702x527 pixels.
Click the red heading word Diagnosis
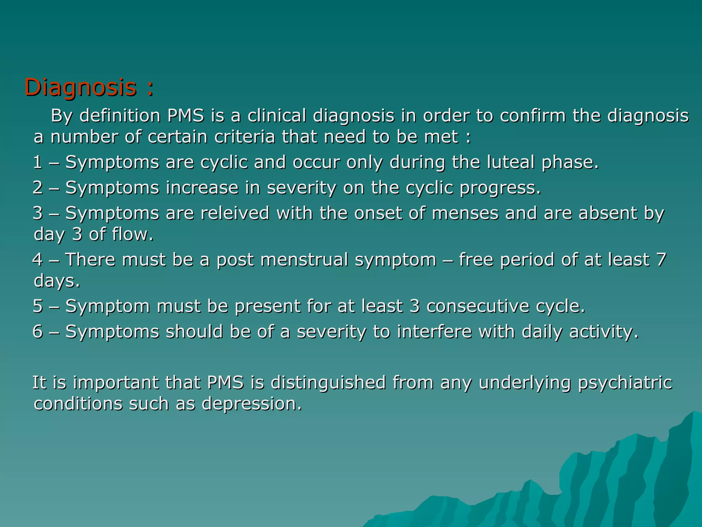point(81,88)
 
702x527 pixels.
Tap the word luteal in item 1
point(511,162)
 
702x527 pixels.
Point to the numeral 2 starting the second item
point(38,188)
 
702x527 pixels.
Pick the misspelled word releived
point(235,213)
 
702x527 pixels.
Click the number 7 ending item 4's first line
point(661,259)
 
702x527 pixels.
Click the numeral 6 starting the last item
point(38,331)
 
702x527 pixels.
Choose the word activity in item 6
point(604,331)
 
